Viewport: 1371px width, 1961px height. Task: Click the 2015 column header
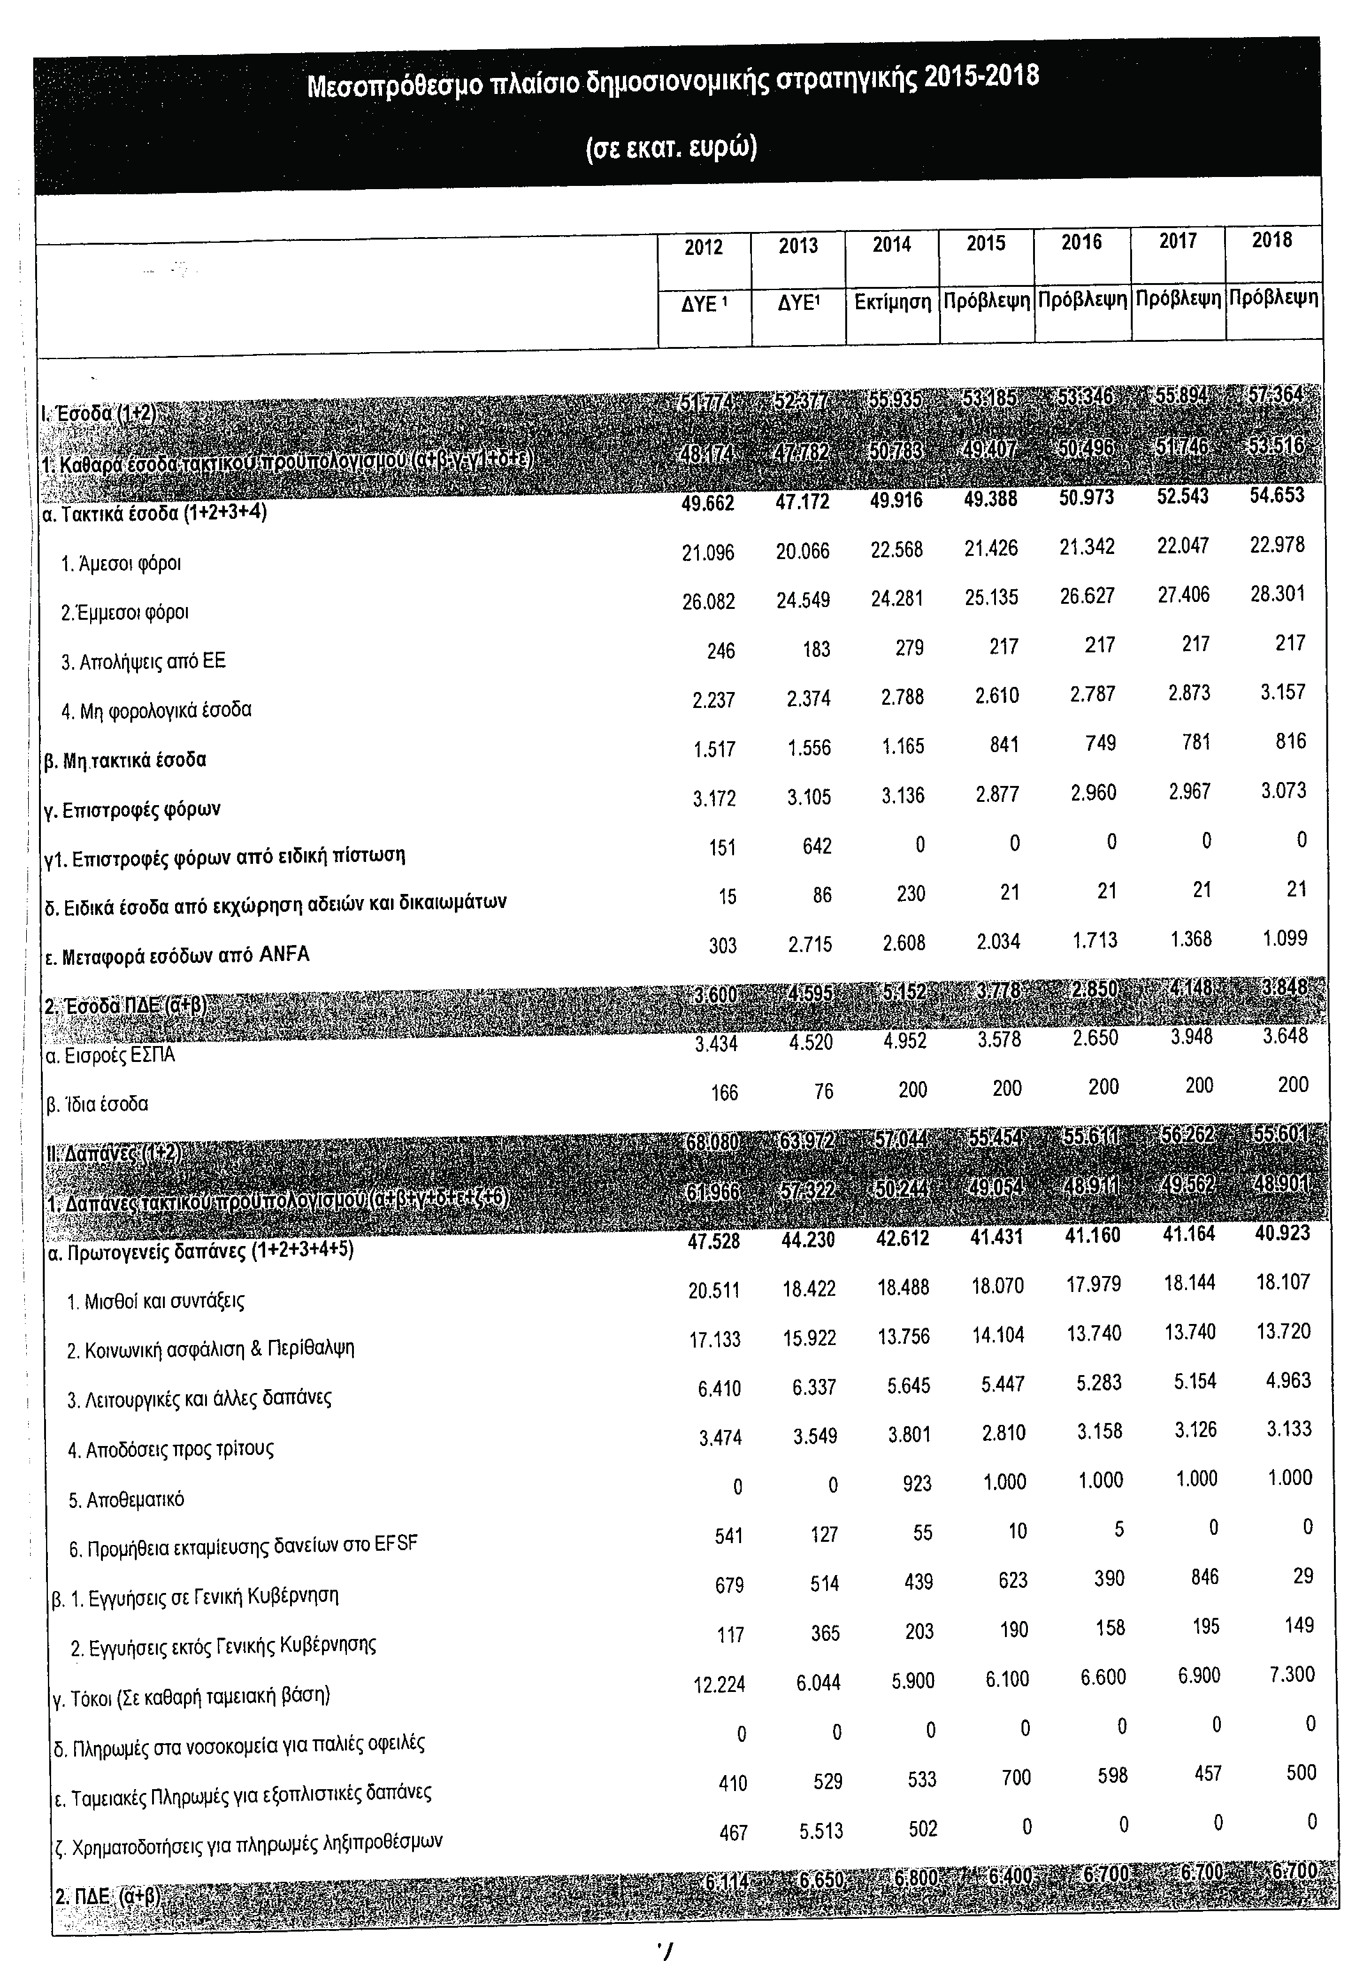986,244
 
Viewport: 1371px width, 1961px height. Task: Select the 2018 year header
1271,241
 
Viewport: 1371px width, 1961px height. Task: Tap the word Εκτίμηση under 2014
892,302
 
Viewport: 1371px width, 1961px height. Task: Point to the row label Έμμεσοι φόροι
125,612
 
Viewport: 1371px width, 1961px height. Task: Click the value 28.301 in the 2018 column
1277,594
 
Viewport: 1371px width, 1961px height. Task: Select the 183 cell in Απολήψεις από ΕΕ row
816,650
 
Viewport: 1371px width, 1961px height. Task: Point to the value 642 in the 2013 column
816,847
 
